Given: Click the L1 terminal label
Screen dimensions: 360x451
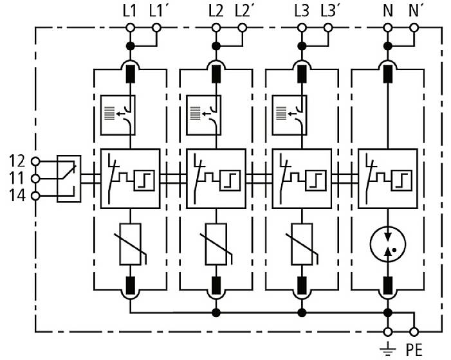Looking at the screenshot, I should pos(129,11).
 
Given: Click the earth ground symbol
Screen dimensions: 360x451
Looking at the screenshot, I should pos(387,349).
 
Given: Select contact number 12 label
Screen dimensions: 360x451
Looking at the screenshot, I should pos(19,160).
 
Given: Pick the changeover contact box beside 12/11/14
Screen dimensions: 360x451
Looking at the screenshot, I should pos(69,178).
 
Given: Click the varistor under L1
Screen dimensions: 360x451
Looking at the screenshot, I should pos(131,244).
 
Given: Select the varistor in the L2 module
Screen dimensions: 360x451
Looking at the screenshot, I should pos(216,244).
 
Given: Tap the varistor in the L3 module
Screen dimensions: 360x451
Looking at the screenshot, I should pos(301,244).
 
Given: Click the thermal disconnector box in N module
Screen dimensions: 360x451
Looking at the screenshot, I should pos(386,178).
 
